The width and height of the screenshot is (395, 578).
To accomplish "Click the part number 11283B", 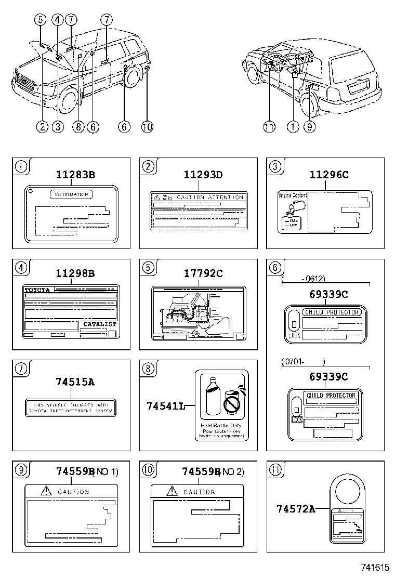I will pyautogui.click(x=76, y=175).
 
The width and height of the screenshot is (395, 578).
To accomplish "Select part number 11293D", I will pyautogui.click(x=203, y=175).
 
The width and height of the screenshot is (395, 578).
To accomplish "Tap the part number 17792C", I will pyautogui.click(x=203, y=273).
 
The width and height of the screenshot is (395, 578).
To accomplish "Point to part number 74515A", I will pyautogui.click(x=75, y=382).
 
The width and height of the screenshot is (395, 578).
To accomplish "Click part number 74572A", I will pyautogui.click(x=295, y=509).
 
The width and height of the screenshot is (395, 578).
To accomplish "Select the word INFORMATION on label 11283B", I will pyautogui.click(x=71, y=194).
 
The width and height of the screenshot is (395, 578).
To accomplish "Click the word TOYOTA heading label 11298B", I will pyautogui.click(x=38, y=289).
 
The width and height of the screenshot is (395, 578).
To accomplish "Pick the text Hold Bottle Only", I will pyautogui.click(x=221, y=426).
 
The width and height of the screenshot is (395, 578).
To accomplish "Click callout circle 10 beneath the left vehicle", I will pyautogui.click(x=147, y=126).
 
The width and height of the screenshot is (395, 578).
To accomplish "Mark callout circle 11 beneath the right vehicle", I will pyautogui.click(x=269, y=126).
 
